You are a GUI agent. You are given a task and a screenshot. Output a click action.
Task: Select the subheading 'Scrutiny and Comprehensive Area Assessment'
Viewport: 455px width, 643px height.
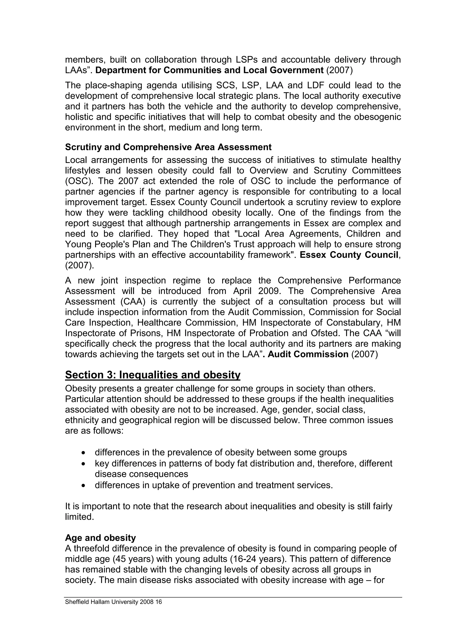(x=168, y=147)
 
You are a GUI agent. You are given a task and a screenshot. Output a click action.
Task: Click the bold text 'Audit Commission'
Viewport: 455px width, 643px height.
(x=308, y=354)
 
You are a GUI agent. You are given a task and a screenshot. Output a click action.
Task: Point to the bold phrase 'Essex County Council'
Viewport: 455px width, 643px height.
(x=349, y=255)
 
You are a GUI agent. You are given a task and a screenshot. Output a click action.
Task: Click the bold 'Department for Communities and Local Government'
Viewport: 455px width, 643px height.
(x=210, y=70)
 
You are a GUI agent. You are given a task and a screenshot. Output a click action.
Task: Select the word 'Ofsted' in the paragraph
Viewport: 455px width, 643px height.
(x=324, y=333)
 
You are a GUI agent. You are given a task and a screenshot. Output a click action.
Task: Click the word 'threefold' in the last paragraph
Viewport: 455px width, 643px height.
(x=94, y=548)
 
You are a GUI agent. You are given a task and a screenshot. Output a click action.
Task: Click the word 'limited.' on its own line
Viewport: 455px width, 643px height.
(x=79, y=517)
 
